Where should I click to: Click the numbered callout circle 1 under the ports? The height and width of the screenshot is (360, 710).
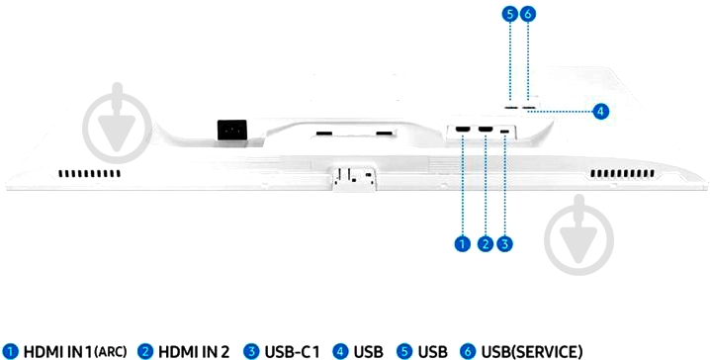(x=462, y=242)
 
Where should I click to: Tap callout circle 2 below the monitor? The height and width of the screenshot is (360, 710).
(x=485, y=242)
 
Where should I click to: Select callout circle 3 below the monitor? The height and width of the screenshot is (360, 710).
(x=506, y=242)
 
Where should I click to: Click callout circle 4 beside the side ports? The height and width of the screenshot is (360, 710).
(x=600, y=111)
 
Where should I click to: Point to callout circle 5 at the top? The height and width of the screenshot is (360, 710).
(x=509, y=14)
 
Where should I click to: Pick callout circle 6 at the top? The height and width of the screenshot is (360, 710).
(x=528, y=14)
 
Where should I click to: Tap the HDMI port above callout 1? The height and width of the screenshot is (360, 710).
(x=463, y=130)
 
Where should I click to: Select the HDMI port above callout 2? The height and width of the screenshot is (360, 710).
(x=486, y=130)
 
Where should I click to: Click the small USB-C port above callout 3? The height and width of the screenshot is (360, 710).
(x=506, y=131)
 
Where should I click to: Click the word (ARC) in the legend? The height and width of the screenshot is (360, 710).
(x=108, y=352)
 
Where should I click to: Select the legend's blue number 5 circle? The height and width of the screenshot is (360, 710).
(x=404, y=351)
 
